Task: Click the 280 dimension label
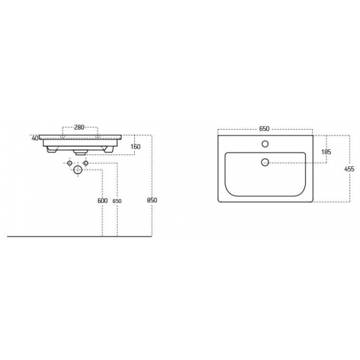[79, 127]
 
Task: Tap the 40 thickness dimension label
[35, 139]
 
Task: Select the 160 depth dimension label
[135, 147]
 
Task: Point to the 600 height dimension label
[102, 201]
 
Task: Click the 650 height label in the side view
[117, 201]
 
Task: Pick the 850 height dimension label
[152, 200]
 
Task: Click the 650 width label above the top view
[264, 129]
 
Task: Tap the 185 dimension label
[326, 152]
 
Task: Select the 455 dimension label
[350, 169]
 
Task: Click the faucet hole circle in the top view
[265, 144]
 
